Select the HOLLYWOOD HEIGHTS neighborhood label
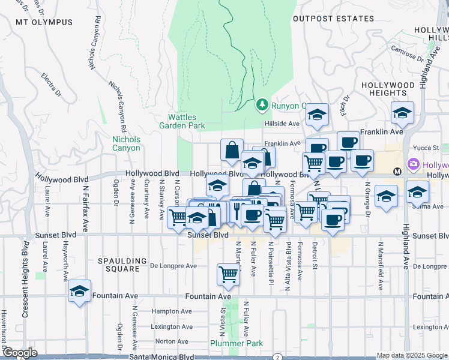click(388, 89)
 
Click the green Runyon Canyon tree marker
click(262, 105)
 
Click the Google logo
click(19, 353)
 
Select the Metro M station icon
click(397, 172)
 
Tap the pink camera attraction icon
click(413, 164)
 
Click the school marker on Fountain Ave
click(79, 292)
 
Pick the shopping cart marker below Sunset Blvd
click(229, 274)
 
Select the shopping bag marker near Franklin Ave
click(232, 150)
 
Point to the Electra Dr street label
click(52, 85)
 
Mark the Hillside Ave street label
click(282, 124)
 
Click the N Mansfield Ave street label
click(380, 259)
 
